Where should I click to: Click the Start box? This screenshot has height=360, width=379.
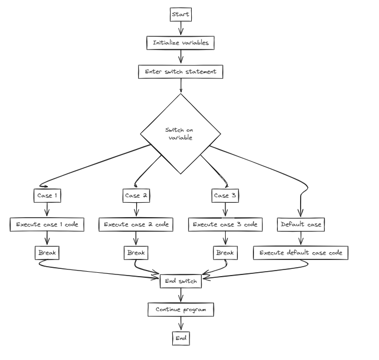coord(181,14)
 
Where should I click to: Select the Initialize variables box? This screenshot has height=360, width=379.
coord(180,43)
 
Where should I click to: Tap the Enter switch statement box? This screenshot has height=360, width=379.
coord(181,72)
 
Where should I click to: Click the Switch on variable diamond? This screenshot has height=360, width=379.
coord(181,133)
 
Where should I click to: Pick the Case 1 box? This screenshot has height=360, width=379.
coord(47,196)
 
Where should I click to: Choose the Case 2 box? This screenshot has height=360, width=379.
coord(136,196)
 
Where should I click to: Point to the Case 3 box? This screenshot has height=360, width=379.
coord(225,196)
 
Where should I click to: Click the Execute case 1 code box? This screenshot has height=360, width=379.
coord(47,224)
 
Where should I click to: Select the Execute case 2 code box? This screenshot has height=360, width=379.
coord(136,224)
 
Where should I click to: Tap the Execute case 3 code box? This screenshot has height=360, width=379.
coord(225,224)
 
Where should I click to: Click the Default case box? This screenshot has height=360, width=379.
coord(301,224)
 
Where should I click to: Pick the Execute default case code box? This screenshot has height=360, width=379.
coord(301,253)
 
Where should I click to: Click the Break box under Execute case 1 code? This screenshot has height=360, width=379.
coord(47,253)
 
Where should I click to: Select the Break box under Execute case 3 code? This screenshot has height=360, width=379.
coord(225,253)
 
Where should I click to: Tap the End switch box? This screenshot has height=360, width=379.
coord(181,281)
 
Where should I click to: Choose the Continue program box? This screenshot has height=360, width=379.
coord(181,309)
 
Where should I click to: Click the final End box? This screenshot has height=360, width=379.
coord(181,338)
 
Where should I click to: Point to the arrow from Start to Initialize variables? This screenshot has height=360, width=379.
coord(181,28)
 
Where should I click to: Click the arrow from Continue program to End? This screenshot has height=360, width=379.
coord(181,324)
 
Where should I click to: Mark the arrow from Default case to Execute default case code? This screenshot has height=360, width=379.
coord(301,238)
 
